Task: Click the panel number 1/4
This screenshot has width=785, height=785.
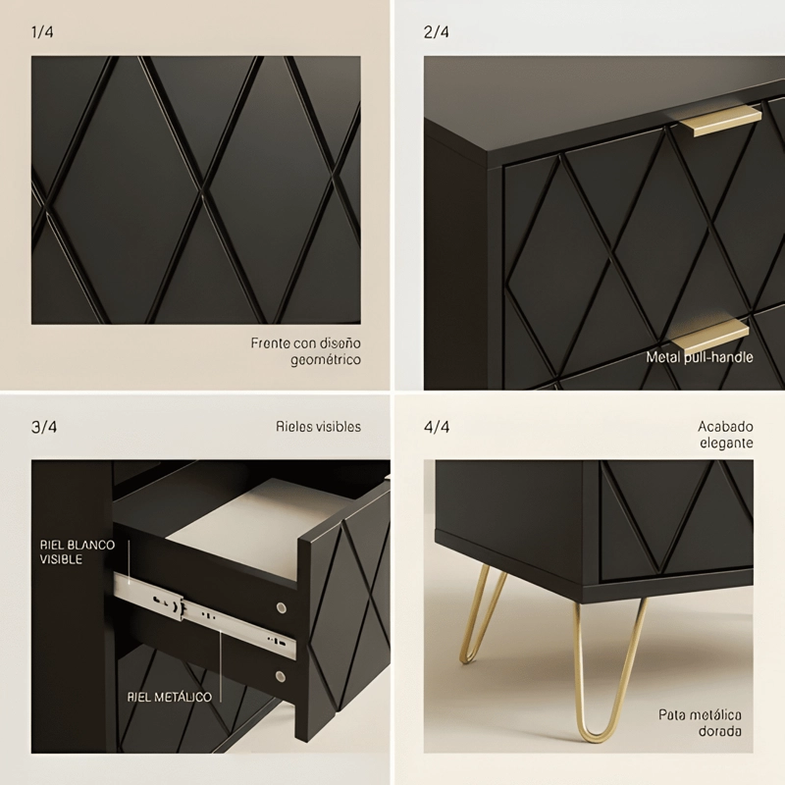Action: (42, 32)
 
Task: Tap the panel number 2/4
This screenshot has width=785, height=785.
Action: (436, 32)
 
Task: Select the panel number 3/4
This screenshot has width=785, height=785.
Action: (44, 427)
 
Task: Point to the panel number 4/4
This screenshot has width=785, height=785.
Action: (437, 427)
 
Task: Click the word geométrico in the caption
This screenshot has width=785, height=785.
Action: (326, 360)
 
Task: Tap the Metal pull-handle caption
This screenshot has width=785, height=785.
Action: (700, 357)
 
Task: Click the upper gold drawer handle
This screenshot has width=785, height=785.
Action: (721, 121)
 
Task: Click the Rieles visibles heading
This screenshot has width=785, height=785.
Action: (318, 427)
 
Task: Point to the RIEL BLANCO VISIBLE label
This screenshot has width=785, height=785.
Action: (78, 551)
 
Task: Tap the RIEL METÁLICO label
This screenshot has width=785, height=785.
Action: (169, 697)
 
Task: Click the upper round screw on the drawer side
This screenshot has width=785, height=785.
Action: (282, 607)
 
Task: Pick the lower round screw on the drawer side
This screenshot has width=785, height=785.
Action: (281, 677)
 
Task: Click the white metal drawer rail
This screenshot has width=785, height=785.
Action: (204, 616)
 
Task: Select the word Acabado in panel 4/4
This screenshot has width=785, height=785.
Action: (725, 427)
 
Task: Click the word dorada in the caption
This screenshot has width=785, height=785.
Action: (720, 731)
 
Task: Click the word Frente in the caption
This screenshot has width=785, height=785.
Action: (271, 343)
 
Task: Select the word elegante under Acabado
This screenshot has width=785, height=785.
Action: (726, 444)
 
